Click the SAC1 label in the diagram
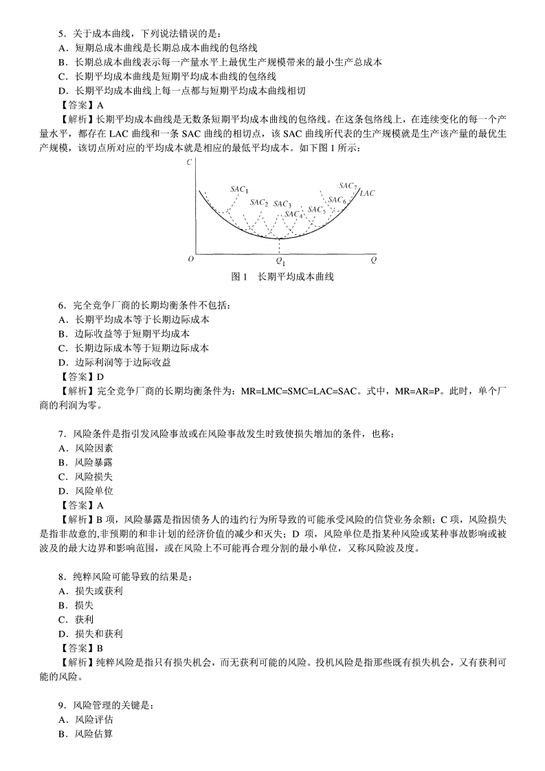point(239,190)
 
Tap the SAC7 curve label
point(347,186)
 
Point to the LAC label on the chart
point(367,194)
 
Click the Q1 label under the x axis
point(280,261)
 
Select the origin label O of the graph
point(190,260)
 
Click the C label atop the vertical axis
point(189,162)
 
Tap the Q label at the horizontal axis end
point(373,260)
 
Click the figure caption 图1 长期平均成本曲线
point(282,277)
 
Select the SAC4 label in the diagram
point(293,214)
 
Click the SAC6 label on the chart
point(337,200)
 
